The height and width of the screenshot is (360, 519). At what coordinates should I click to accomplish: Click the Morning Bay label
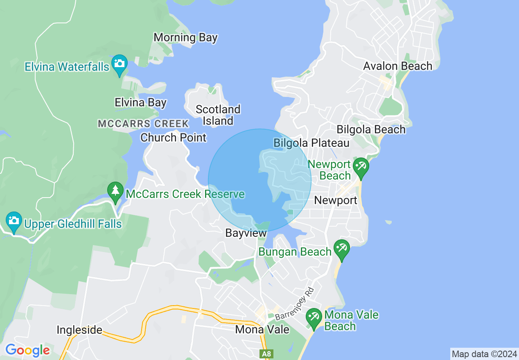(185, 38)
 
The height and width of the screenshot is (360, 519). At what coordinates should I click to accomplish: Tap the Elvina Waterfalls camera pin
(119, 64)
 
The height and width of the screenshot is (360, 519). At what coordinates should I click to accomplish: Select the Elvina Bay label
(140, 102)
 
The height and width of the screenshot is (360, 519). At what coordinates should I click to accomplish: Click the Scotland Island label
(218, 115)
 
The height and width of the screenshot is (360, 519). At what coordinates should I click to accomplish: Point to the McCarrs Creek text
(143, 124)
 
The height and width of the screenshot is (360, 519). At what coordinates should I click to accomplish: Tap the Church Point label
(174, 137)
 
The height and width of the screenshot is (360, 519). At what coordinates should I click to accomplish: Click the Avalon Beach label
(397, 66)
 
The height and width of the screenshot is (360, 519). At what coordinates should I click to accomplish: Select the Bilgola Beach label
(371, 130)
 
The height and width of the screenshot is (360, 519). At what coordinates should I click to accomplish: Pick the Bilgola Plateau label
(311, 143)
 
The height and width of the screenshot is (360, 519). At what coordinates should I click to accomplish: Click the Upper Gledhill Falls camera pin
(14, 222)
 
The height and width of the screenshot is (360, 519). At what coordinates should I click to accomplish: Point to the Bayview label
(246, 233)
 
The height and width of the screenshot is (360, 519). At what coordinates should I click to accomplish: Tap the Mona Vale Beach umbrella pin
(314, 318)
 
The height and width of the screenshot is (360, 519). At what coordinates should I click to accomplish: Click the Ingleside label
(79, 330)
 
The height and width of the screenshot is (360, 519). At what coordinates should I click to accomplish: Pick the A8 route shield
(266, 353)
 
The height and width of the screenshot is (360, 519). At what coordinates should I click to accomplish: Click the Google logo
(27, 351)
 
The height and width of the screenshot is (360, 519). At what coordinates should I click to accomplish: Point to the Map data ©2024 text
(484, 353)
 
